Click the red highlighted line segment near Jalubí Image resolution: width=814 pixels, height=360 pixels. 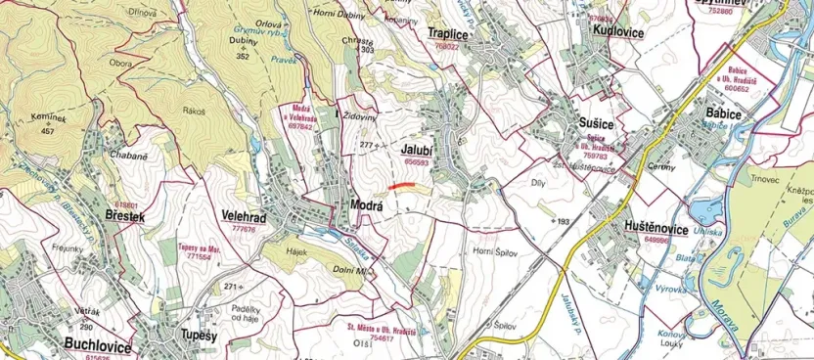tap(401, 185)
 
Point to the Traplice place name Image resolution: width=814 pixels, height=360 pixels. tap(449, 33)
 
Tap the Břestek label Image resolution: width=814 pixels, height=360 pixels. tap(123, 214)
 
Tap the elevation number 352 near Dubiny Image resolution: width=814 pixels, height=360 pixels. tap(243, 57)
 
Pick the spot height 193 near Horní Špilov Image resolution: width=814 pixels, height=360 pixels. tap(563, 222)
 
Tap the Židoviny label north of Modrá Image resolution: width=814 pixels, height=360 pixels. tap(358, 115)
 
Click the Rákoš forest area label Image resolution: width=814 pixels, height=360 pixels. tap(193, 111)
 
